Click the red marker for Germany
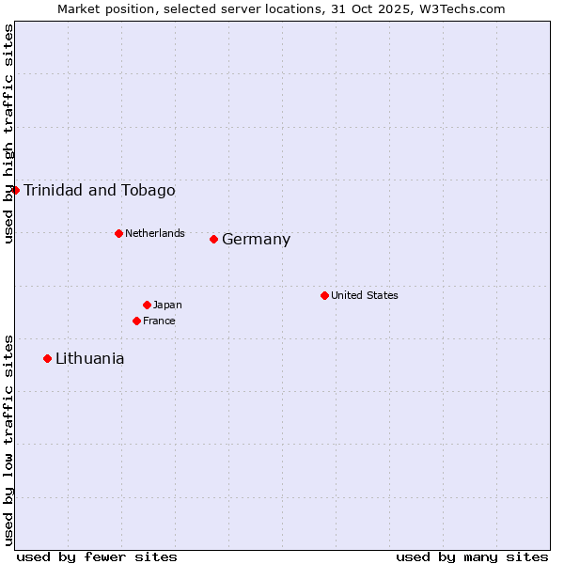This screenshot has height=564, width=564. pyautogui.click(x=214, y=239)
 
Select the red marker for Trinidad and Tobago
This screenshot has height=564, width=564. pyautogui.click(x=15, y=190)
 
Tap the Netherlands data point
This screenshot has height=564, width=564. pyautogui.click(x=118, y=233)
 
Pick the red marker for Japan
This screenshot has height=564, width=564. pyautogui.click(x=147, y=305)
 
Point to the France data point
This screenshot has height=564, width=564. pyautogui.click(x=136, y=321)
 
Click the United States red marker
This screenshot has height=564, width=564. pyautogui.click(x=324, y=295)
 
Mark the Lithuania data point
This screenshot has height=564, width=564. pyautogui.click(x=47, y=358)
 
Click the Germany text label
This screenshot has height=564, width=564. pyautogui.click(x=256, y=240)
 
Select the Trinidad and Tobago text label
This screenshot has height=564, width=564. pyautogui.click(x=99, y=191)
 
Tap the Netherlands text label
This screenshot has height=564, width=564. pyautogui.click(x=155, y=233)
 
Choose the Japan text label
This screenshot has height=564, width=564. pyautogui.click(x=167, y=305)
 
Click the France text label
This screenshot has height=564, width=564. pyautogui.click(x=159, y=321)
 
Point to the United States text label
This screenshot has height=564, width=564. pyautogui.click(x=365, y=295)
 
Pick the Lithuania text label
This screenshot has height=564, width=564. pyautogui.click(x=89, y=359)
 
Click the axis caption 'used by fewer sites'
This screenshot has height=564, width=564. pyautogui.click(x=97, y=556)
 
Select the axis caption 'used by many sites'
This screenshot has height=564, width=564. pyautogui.click(x=472, y=556)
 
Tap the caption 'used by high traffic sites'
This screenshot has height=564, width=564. pyautogui.click(x=8, y=133)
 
